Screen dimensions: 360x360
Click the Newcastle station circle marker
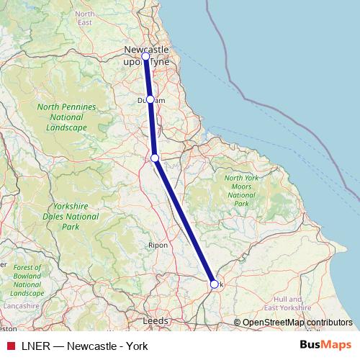[x=145, y=56]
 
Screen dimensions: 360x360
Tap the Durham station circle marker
[x=150, y=99]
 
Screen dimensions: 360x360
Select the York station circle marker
[x=214, y=284]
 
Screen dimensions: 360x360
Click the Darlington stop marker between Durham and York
[x=155, y=158]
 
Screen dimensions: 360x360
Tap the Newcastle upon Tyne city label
[x=147, y=55]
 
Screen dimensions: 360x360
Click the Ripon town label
[x=158, y=246]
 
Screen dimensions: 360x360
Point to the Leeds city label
[x=156, y=320]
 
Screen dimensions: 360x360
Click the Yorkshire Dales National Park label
[x=71, y=216]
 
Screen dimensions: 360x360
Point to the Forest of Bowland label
[x=28, y=280]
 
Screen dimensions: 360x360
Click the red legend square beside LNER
[x=10, y=346]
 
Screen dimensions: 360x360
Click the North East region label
[x=85, y=18]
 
